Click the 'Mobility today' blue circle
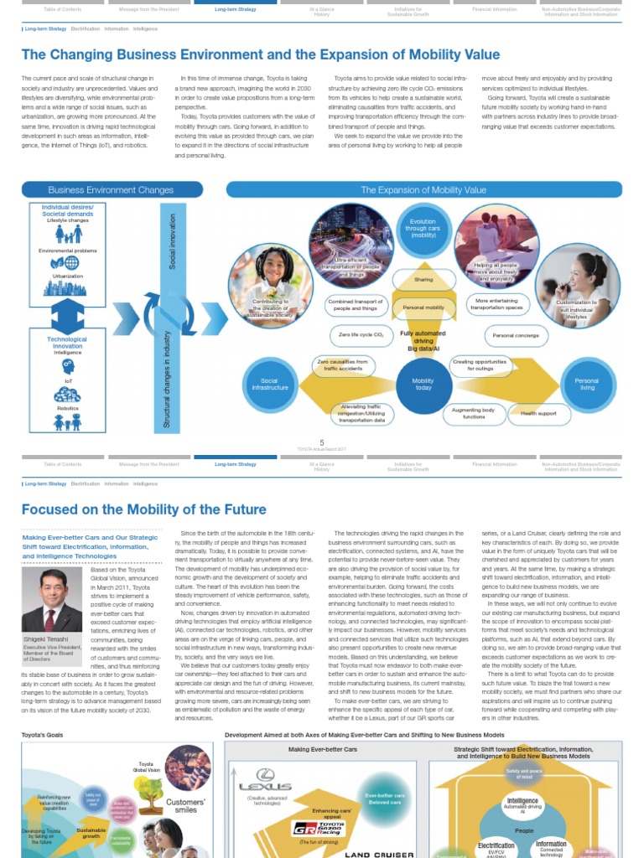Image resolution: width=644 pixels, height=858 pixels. coord(423,383)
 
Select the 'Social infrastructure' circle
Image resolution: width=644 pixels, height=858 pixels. coord(270,384)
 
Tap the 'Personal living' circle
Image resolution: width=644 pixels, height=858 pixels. coord(586,384)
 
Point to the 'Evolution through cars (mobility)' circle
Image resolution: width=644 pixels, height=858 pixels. coord(423,228)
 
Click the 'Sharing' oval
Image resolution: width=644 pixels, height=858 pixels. coord(423,280)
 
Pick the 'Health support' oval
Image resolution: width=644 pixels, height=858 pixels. coord(538,413)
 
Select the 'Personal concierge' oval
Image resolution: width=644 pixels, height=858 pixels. coord(515,335)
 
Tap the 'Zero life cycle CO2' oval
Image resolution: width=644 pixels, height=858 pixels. coord(361,335)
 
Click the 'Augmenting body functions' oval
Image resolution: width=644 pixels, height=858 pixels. coord(474,413)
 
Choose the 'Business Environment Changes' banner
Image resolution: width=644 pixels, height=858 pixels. coord(112,190)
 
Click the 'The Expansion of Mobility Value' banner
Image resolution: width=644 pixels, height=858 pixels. coord(423,190)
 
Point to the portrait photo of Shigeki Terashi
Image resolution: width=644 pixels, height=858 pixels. coord(52,601)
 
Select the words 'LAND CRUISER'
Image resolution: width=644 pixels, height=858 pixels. coord(380,854)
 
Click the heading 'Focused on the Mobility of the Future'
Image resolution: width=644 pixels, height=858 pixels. coord(143,509)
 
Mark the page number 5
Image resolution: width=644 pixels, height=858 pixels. coord(321,442)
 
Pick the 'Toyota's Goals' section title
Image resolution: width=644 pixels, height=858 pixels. coord(42,735)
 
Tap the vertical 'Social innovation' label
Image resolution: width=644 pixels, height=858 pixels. coord(174,241)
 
